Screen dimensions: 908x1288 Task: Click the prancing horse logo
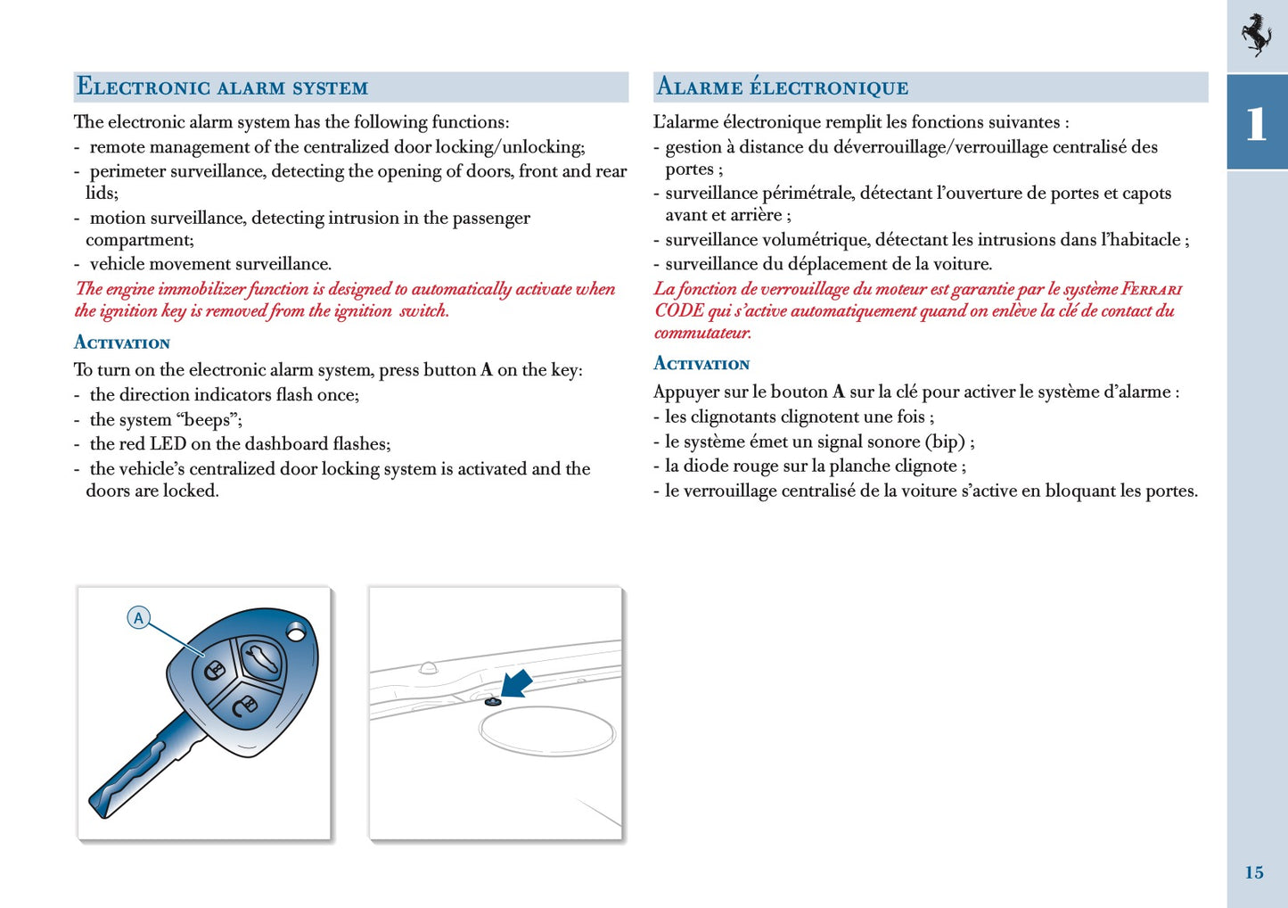pyautogui.click(x=1257, y=35)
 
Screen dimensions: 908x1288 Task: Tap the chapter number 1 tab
pyautogui.click(x=1256, y=123)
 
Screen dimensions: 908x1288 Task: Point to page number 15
pyautogui.click(x=1254, y=872)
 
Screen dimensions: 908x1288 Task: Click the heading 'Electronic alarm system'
pyautogui.click(x=222, y=87)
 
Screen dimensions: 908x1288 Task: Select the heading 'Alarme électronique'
pyautogui.click(x=783, y=87)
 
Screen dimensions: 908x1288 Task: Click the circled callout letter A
pyautogui.click(x=138, y=617)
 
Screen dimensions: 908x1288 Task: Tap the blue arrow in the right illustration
pyautogui.click(x=516, y=683)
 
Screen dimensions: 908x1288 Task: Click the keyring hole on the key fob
pyautogui.click(x=296, y=632)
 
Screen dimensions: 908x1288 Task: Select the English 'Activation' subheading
pyautogui.click(x=122, y=343)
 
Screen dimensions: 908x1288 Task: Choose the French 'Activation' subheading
pyautogui.click(x=701, y=364)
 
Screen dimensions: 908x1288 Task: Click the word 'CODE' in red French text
pyautogui.click(x=679, y=310)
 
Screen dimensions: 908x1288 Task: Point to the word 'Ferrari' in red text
pyautogui.click(x=1152, y=289)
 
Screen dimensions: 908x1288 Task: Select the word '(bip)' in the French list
pyautogui.click(x=945, y=441)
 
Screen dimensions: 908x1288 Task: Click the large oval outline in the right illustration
pyautogui.click(x=546, y=731)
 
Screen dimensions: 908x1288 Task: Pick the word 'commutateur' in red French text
pyautogui.click(x=702, y=333)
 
